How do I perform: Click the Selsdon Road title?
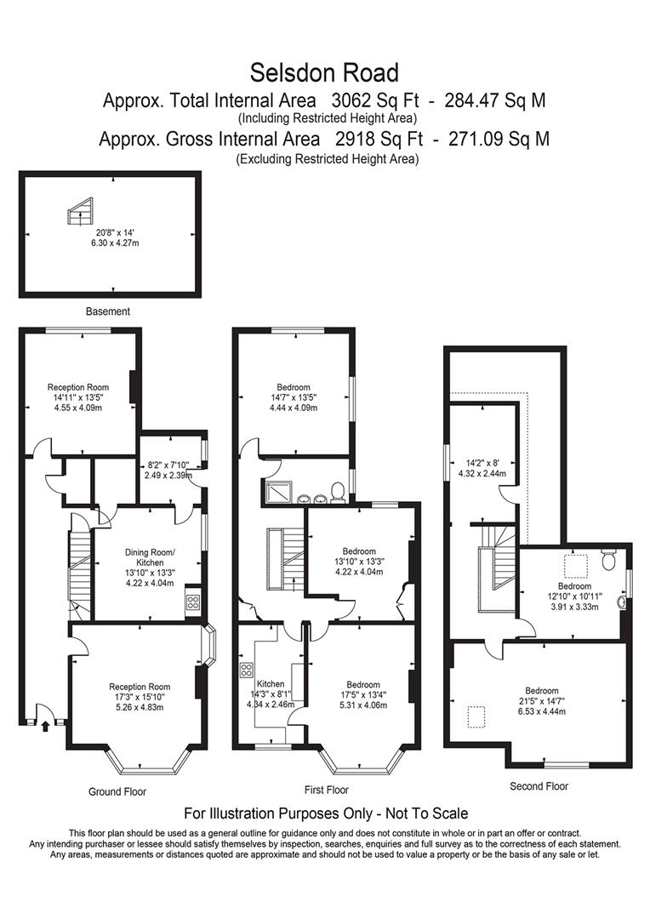[x=324, y=71]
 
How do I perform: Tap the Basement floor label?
[x=108, y=311]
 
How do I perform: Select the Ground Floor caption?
[x=117, y=791]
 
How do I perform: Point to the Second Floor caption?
[x=539, y=786]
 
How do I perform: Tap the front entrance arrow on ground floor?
[x=44, y=725]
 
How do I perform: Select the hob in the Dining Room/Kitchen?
[x=192, y=602]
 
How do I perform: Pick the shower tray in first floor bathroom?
[x=277, y=492]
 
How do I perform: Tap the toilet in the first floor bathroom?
[x=337, y=492]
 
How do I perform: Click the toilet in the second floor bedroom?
[x=607, y=560]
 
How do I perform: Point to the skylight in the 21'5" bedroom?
[x=478, y=716]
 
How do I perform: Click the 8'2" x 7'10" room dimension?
[x=169, y=465]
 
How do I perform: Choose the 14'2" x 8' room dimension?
[x=482, y=464]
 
